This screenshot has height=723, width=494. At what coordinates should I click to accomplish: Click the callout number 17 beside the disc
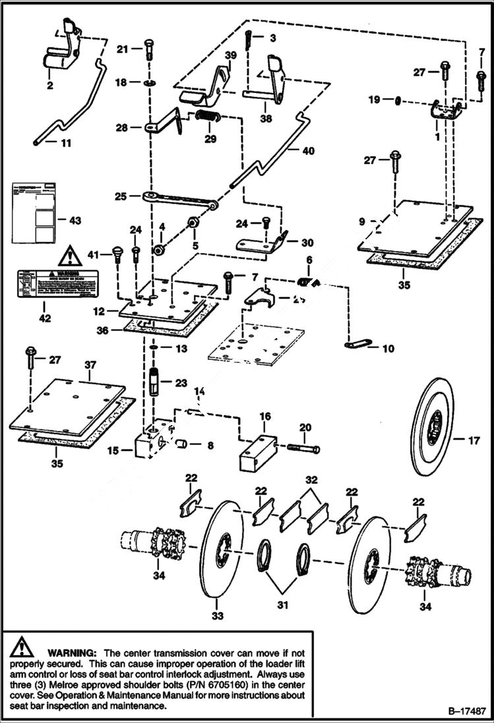pyautogui.click(x=474, y=441)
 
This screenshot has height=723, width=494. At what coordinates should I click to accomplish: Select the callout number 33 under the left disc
pyautogui.click(x=218, y=616)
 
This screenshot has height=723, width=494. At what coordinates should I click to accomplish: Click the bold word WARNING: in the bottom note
pyautogui.click(x=73, y=651)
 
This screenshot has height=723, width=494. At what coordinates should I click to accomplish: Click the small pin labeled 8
pyautogui.click(x=182, y=446)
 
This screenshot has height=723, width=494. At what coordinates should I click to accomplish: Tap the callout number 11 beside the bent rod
pyautogui.click(x=65, y=142)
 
